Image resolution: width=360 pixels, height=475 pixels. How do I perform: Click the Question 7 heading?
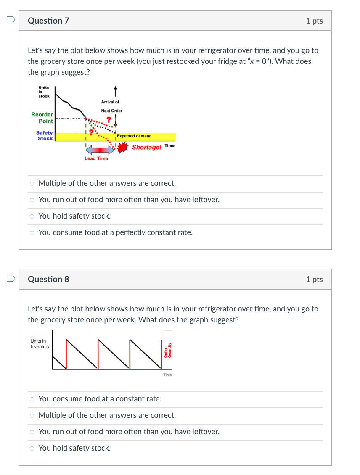coord(48,21)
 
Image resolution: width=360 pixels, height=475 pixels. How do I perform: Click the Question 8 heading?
coord(48,279)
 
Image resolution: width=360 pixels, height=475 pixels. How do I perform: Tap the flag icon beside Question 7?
coord(11,20)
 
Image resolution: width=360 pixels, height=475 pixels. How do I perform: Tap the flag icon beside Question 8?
coord(11,278)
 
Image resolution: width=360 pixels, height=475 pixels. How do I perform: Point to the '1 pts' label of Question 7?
coord(314,21)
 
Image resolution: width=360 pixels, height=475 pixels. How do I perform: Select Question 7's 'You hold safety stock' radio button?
coord(32,216)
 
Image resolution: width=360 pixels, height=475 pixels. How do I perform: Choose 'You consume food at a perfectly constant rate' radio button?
coord(32,233)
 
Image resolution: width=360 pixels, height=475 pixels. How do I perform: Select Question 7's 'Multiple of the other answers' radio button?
coord(32,184)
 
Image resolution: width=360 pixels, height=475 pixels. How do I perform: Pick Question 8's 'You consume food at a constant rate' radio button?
coord(32,399)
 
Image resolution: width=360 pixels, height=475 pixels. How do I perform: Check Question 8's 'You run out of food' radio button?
coord(32,432)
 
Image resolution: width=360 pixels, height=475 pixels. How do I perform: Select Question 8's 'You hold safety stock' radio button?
coord(32,449)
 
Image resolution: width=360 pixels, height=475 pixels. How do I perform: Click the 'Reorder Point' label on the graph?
coord(42,118)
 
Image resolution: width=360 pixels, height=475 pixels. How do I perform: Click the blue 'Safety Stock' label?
coord(45,135)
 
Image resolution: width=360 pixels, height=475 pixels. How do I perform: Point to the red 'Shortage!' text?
coord(146,147)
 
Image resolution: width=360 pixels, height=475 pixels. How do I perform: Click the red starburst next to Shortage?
coord(122,148)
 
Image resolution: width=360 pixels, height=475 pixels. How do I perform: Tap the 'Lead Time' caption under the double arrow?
coord(96,158)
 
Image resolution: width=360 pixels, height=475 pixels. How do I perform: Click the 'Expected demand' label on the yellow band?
coord(134,136)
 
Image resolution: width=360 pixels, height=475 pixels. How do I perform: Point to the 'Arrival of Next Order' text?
coord(111,106)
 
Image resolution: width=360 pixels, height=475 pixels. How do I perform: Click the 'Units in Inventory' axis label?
coord(40,344)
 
